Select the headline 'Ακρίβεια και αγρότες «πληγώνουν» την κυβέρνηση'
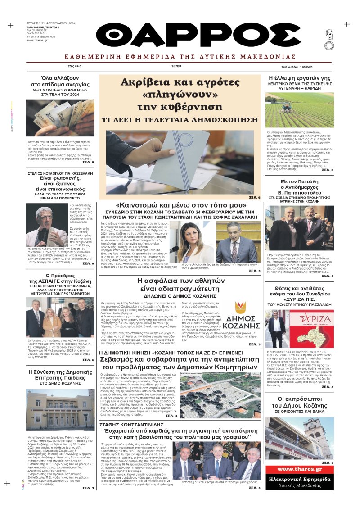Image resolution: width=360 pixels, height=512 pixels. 182,95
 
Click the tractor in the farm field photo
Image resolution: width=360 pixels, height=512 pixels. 287,108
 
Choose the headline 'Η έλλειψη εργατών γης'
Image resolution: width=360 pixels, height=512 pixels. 299,78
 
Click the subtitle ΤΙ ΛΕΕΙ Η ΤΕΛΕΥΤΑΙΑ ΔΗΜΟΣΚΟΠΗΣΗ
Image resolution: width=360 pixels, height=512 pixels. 182,120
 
